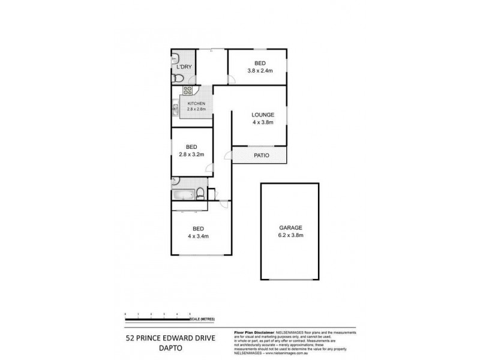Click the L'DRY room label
184,67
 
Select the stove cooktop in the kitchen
187,92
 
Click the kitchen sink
176,109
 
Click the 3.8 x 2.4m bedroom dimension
260,70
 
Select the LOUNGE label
263,115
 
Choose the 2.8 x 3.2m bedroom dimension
191,154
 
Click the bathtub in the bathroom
184,194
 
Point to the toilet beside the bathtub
200,194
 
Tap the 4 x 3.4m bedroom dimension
198,236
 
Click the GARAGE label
290,227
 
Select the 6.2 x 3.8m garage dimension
290,235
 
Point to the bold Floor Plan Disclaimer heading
253,331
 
